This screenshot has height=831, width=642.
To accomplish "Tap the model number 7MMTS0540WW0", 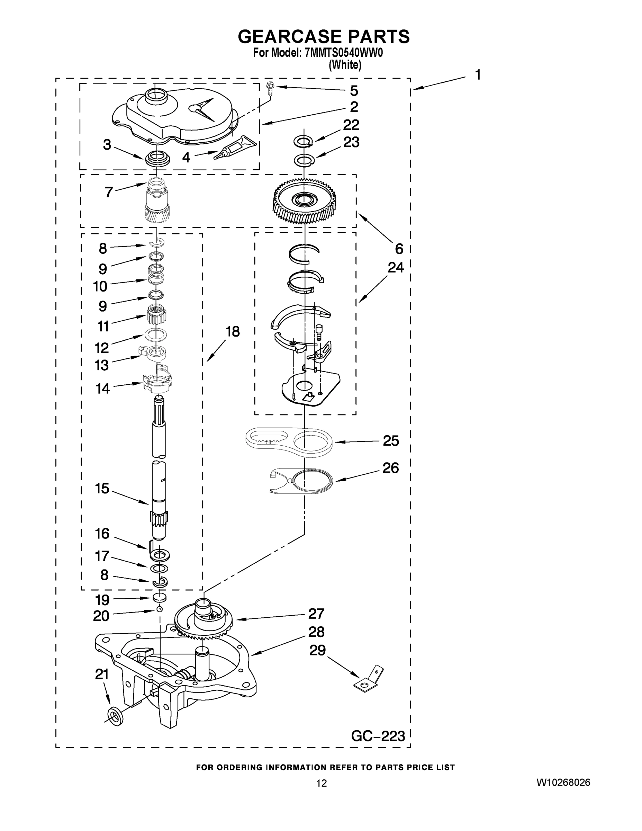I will pyautogui.click(x=343, y=53).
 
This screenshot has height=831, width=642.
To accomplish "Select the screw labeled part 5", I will pyautogui.click(x=270, y=88).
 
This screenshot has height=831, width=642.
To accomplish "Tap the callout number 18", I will pyautogui.click(x=233, y=331).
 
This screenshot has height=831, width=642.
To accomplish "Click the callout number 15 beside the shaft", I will pyautogui.click(x=102, y=489).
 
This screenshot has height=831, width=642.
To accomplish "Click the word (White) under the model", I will pyautogui.click(x=345, y=65).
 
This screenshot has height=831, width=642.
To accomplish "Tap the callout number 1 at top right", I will pyautogui.click(x=478, y=74).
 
